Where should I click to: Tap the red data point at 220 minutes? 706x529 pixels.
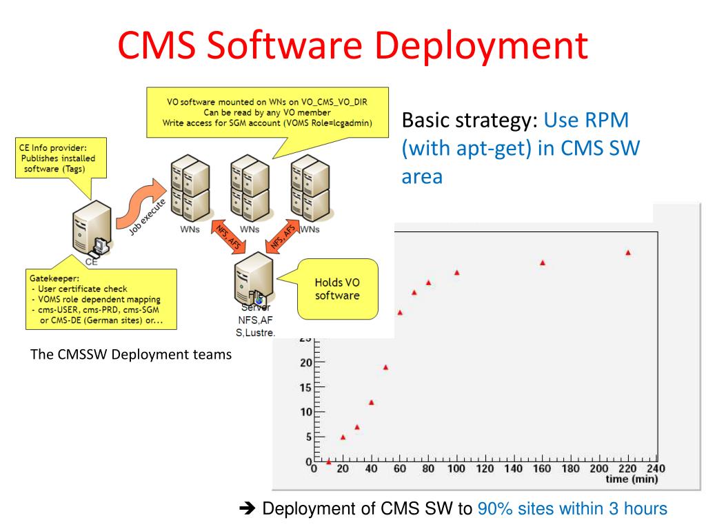click(628, 253)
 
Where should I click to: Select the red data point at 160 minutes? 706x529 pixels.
click(543, 262)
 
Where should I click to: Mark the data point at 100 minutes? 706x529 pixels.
click(456, 273)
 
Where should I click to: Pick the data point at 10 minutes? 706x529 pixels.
click(328, 461)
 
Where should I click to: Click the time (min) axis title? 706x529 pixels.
click(631, 479)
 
